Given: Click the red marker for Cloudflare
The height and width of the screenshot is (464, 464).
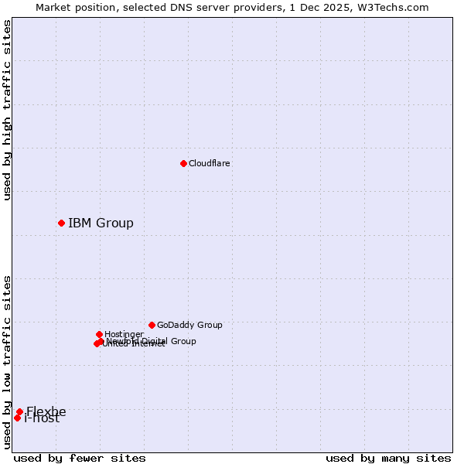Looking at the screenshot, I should (183, 163).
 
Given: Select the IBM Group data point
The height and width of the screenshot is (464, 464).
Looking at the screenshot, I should (61, 223).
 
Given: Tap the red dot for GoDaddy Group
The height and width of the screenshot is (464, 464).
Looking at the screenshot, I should (152, 325).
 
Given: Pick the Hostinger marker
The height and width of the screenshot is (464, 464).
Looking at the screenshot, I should (99, 334).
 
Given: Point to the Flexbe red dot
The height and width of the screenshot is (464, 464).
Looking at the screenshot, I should (19, 411).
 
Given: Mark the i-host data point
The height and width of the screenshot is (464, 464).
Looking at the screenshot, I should (17, 418).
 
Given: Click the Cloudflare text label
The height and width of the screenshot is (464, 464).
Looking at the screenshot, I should (209, 163).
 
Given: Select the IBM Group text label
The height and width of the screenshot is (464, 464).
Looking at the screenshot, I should (101, 223).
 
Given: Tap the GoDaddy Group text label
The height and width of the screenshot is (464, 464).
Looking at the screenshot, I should (189, 325).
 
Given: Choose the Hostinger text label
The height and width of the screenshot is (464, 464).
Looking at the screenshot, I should (124, 334).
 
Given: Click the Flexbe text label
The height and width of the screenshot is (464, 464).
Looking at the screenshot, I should (46, 411).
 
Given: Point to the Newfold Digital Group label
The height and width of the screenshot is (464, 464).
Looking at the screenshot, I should (152, 341).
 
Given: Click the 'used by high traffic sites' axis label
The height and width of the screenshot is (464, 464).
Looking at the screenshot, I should (7, 110).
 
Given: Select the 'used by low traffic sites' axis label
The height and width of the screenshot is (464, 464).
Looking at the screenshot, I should (7, 362).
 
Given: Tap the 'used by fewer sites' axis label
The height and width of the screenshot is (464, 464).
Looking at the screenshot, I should (80, 458).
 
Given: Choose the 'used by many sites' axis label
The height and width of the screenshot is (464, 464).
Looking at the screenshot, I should (388, 458).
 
